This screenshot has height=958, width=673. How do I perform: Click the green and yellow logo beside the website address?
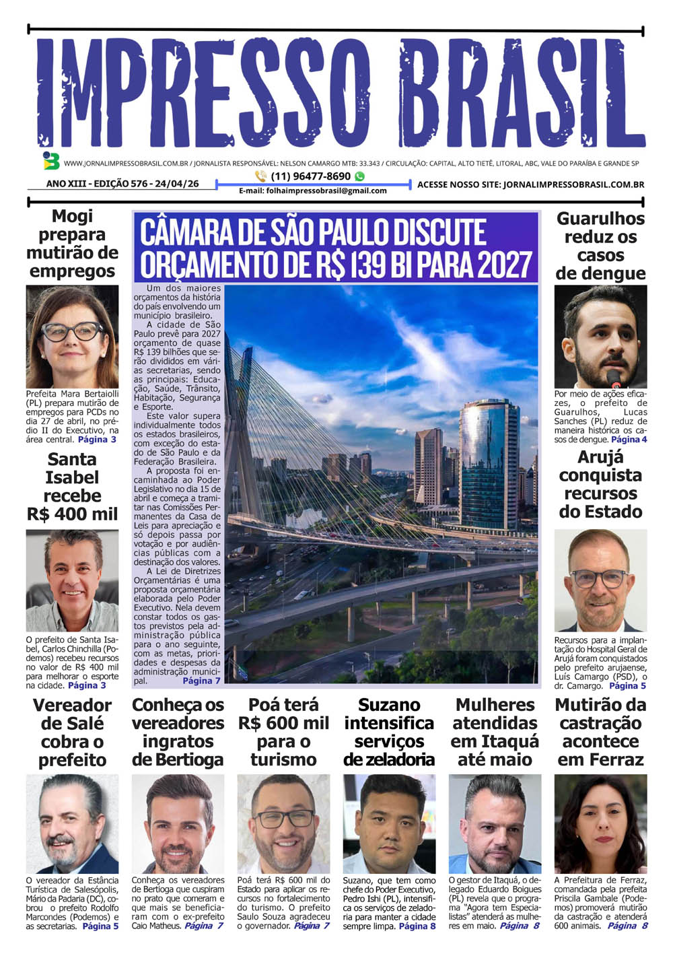pos(50,161)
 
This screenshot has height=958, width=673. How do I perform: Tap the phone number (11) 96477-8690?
pos(310,176)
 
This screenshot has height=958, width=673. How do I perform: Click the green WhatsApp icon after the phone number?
pos(360,176)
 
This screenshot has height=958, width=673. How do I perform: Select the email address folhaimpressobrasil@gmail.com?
pos(312,191)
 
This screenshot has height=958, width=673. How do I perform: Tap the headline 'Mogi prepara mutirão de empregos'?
pos(72,244)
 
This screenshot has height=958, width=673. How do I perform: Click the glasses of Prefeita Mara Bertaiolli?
pos(72,331)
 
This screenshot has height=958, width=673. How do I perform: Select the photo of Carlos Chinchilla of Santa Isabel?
pos(72,580)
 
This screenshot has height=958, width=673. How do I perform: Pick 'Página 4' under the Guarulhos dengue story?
pos(629,440)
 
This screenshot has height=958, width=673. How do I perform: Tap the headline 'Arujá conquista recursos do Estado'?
pos(600,485)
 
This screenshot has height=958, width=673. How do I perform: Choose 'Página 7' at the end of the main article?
pos(201,681)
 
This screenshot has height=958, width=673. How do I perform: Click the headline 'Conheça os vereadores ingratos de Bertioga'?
pos(178,732)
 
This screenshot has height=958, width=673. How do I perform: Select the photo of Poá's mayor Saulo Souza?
pos(283,824)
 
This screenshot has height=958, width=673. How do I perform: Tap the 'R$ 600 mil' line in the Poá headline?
pos(283,724)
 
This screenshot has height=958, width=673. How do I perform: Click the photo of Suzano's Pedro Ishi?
pos(389,824)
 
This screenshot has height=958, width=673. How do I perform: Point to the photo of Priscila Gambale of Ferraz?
pos(600,824)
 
